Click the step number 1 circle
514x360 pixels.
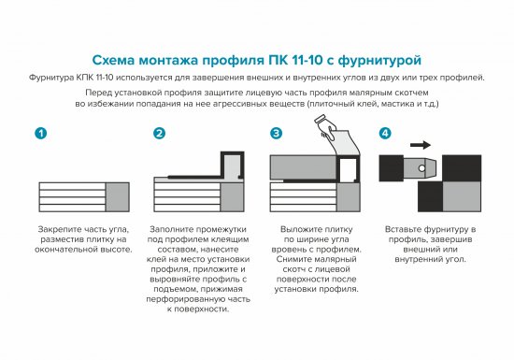pos(39,135)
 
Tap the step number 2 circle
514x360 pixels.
pos(159,135)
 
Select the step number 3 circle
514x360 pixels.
pos(276,135)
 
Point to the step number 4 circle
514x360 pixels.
pos(386,135)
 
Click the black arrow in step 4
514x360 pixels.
pos(421,146)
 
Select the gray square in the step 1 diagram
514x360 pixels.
pos(118,198)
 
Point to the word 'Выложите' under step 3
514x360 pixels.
pos(299,229)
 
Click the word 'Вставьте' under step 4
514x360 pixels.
pos(407,229)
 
